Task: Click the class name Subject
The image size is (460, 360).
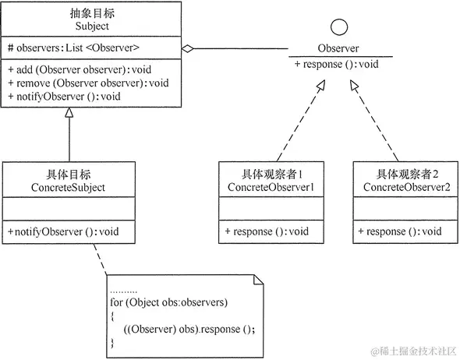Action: coord(93,26)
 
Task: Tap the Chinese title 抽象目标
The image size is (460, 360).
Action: coord(93,12)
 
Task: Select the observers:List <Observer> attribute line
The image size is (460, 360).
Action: coord(73,48)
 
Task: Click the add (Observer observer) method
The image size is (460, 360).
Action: coord(79,69)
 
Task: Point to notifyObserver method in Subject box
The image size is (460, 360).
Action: coord(64,96)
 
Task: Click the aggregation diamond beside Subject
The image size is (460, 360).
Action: coord(188,48)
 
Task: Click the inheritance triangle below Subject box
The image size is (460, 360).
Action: coord(69,113)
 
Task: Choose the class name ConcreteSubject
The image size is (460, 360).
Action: coord(69,187)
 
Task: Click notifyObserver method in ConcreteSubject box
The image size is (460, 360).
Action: coord(64,231)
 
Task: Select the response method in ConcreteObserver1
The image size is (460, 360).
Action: coord(267,231)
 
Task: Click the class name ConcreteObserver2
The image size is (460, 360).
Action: coord(405,187)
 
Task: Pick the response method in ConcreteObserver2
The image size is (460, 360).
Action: coord(399,231)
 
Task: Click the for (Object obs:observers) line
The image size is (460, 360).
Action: coord(169,302)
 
